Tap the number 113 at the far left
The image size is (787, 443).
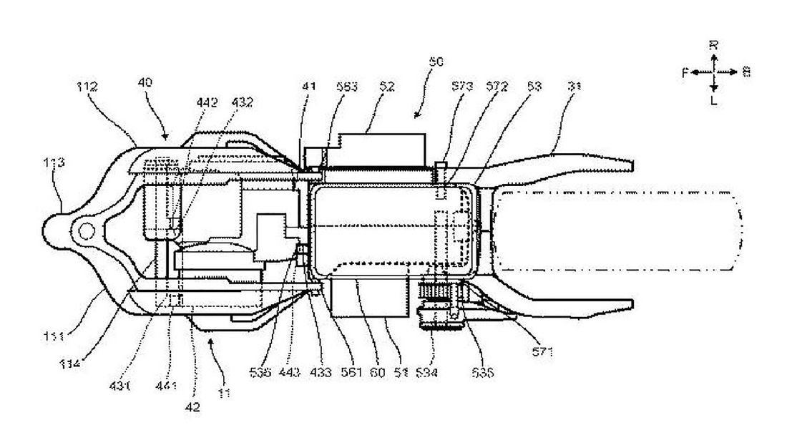coord(55,163)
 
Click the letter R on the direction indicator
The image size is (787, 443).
coord(713,44)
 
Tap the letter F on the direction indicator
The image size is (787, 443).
coord(685,72)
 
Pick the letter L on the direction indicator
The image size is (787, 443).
coord(713,101)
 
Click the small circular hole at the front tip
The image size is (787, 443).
coord(85,231)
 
